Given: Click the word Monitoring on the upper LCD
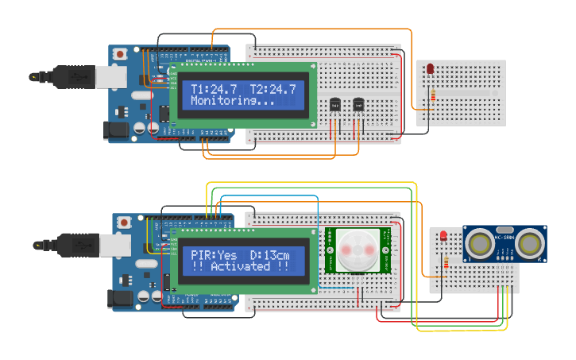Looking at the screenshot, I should click(230, 102).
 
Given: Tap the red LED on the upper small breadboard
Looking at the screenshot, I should click(430, 70).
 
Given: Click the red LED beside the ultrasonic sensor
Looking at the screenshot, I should click(443, 236).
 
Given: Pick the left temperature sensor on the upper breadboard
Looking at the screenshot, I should click(334, 105).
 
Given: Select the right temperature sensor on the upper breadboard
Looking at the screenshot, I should click(358, 105).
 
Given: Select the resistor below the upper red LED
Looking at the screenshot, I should click(432, 96).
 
